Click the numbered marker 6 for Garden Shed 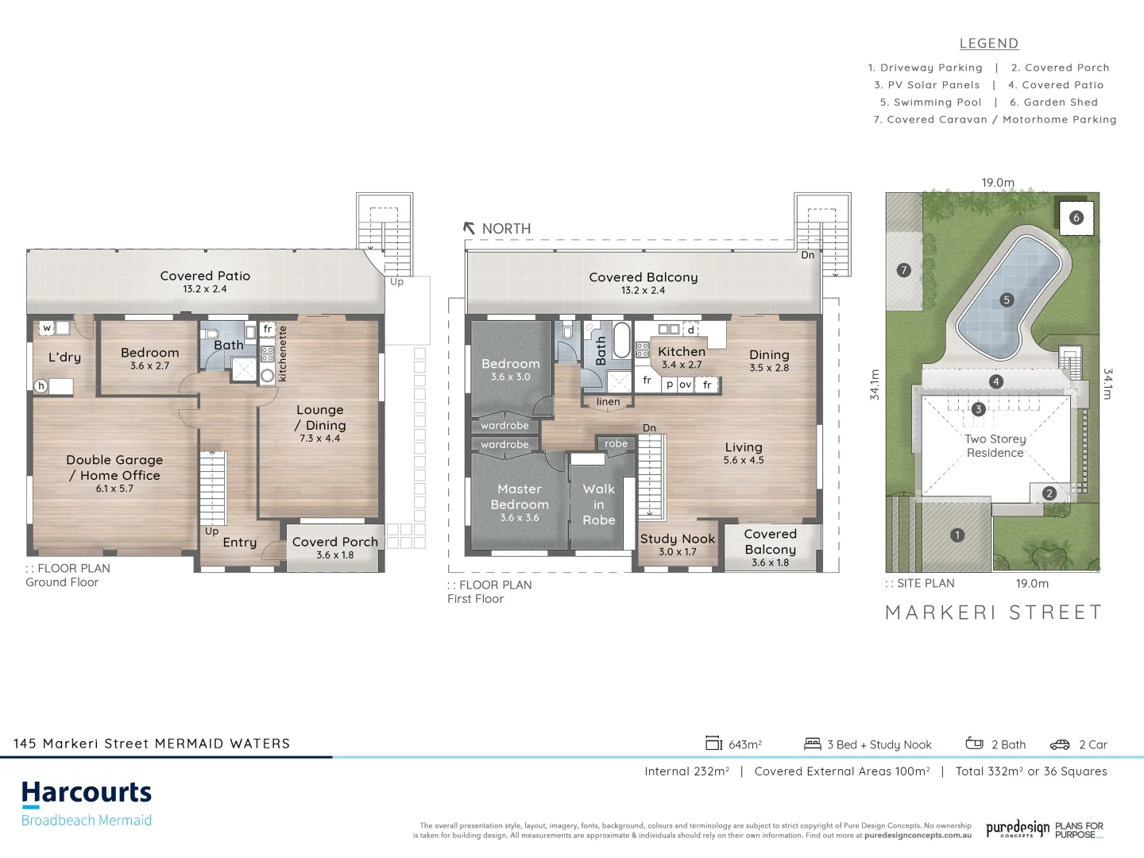coord(1076,217)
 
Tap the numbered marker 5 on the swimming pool coord(1007,300)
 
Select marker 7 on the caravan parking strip coord(902,270)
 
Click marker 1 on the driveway coord(957,535)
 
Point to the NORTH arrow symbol coord(470,228)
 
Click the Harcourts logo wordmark coord(87,793)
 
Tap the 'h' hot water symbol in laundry coord(41,386)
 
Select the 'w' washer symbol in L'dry coord(47,327)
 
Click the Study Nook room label coord(678,539)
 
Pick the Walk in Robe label coord(599,504)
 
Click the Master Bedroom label coord(520,497)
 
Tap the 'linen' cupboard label coord(608,401)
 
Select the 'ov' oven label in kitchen coord(685,385)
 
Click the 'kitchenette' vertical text coord(282,354)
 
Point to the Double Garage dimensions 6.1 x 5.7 coord(114,489)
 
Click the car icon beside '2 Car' coord(1060,744)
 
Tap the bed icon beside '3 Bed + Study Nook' coord(812,744)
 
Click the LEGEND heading coord(989,44)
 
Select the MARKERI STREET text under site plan coord(994,612)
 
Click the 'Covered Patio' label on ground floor coord(205,276)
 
